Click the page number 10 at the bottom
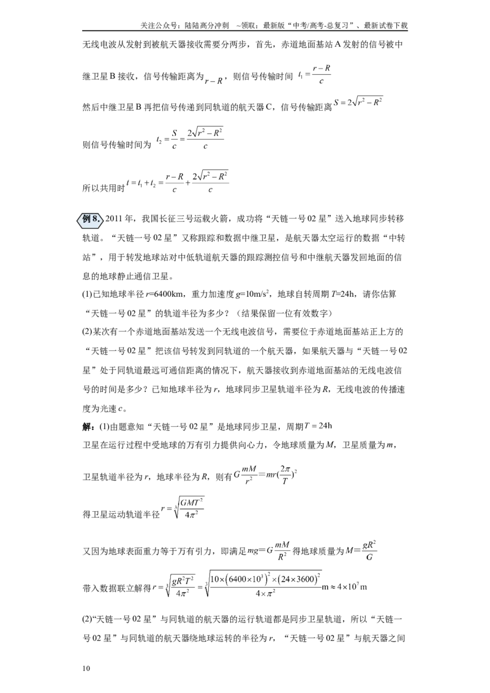86,668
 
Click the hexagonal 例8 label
91,219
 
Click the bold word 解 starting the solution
87,427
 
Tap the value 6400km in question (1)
172,294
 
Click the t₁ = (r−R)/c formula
314,75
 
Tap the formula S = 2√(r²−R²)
358,102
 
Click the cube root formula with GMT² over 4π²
183,508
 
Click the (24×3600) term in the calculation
296,579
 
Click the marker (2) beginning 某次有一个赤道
87,332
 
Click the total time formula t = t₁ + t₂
178,183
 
